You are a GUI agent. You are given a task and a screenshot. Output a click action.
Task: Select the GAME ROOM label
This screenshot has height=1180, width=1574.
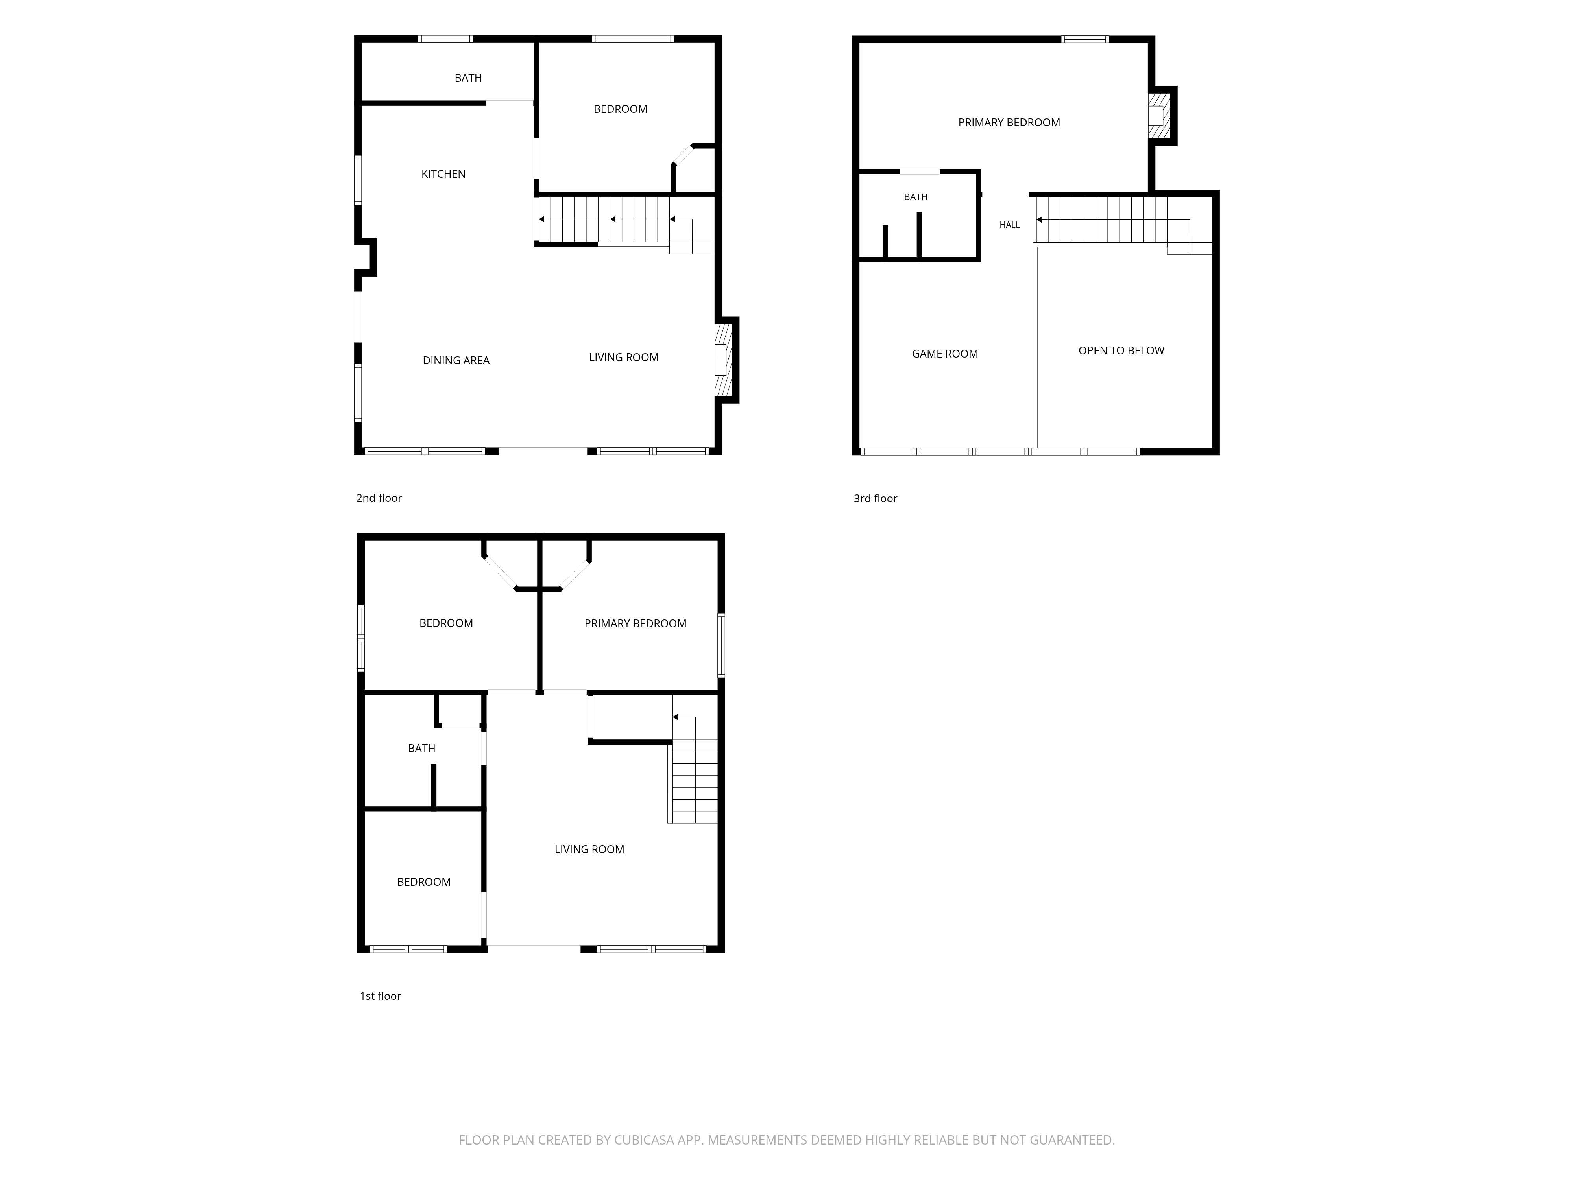pos(945,354)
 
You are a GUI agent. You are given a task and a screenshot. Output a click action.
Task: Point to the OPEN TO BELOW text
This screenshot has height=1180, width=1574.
pos(1121,351)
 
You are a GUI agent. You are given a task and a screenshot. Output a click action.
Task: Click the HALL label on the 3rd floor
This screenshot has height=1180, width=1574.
pos(1010,225)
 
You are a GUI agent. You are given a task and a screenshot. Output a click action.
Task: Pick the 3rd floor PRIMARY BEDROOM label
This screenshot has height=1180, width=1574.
pos(1009,122)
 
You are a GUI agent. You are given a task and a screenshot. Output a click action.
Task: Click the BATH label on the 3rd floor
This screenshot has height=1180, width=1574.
pos(916,197)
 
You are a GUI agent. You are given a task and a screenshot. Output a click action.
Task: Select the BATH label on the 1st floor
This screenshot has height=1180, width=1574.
pos(421,748)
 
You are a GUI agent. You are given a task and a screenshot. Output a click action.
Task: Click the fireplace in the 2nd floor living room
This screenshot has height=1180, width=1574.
pos(722,360)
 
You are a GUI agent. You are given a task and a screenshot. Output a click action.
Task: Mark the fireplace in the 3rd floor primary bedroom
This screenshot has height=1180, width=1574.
pos(1158,116)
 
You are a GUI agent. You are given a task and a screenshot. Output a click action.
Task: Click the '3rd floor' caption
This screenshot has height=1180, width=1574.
pos(875,499)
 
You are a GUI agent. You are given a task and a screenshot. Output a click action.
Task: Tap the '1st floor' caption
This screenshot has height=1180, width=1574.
pos(380,996)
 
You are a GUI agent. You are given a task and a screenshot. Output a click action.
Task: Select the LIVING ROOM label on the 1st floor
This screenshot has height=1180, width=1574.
pos(589,849)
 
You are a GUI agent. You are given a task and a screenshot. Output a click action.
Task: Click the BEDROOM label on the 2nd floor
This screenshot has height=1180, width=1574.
pos(621,109)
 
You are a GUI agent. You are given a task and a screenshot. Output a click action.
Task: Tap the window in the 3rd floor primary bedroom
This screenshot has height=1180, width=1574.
pos(1085,39)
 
